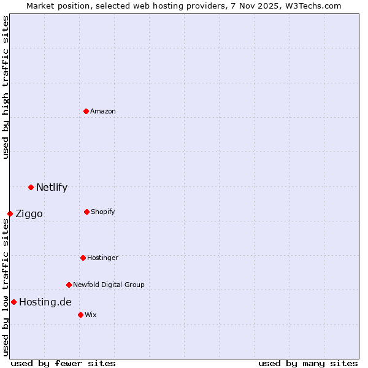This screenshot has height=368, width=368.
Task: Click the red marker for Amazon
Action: [x=86, y=111]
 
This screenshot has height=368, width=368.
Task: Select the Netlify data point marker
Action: [x=31, y=187]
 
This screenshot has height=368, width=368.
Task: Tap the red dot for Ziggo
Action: [x=10, y=213]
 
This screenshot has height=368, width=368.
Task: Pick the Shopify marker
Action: [x=86, y=212]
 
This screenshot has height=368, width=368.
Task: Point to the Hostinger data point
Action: [x=83, y=258]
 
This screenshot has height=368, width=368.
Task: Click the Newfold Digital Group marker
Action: [x=69, y=285]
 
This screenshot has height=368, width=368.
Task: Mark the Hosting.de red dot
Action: [x=13, y=302]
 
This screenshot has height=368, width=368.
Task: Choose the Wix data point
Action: [x=80, y=315]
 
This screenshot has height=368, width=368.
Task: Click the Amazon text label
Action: [x=103, y=111]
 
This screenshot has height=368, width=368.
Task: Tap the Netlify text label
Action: [x=52, y=188]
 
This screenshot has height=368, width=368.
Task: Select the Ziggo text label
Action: [x=29, y=214]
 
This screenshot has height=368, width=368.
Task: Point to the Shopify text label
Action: [x=102, y=212]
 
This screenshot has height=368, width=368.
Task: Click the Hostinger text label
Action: [x=102, y=258]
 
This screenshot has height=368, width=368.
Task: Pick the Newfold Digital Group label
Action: [x=109, y=285]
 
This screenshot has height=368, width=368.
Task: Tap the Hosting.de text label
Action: [x=45, y=302]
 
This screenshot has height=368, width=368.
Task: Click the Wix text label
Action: [x=90, y=315]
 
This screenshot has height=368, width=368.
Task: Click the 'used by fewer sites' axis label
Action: [x=63, y=363]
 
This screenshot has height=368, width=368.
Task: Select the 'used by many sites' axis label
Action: [x=308, y=363]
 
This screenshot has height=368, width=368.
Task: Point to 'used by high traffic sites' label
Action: [x=6, y=87]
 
